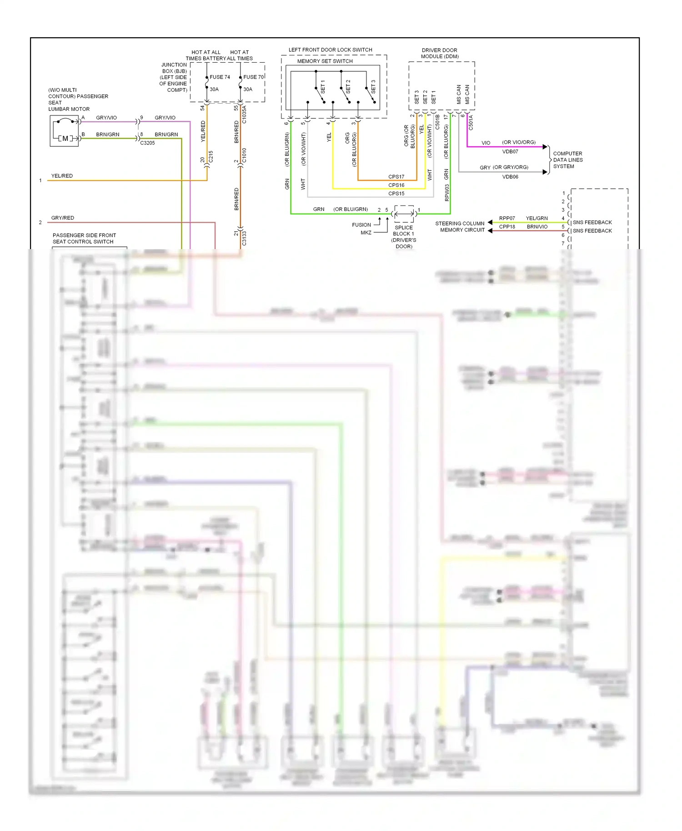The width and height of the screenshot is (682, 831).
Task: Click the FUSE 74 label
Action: [220, 77]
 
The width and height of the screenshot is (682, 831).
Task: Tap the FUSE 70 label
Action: [253, 77]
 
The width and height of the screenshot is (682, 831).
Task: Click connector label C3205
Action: [147, 143]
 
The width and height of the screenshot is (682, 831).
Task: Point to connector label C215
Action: [211, 157]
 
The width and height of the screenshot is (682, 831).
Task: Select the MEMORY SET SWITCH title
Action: [325, 61]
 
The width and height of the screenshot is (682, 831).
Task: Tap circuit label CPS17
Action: [396, 176]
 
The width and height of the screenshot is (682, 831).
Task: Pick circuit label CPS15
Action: [396, 193]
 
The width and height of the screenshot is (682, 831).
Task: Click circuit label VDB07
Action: [510, 151]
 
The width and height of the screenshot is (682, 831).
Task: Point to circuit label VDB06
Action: [510, 176]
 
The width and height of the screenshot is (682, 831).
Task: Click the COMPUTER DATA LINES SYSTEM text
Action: [567, 160]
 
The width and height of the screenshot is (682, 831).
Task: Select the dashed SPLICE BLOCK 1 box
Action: [404, 214]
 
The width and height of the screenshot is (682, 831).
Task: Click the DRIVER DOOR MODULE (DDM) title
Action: [439, 53]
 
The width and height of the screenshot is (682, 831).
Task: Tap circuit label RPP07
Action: [507, 218]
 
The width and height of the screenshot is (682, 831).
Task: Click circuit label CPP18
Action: [507, 226]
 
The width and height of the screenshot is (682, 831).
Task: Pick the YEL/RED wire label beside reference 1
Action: [62, 175]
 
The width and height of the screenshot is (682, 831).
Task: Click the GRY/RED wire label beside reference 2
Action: [62, 218]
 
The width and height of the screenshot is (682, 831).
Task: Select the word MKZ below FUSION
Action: [366, 232]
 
